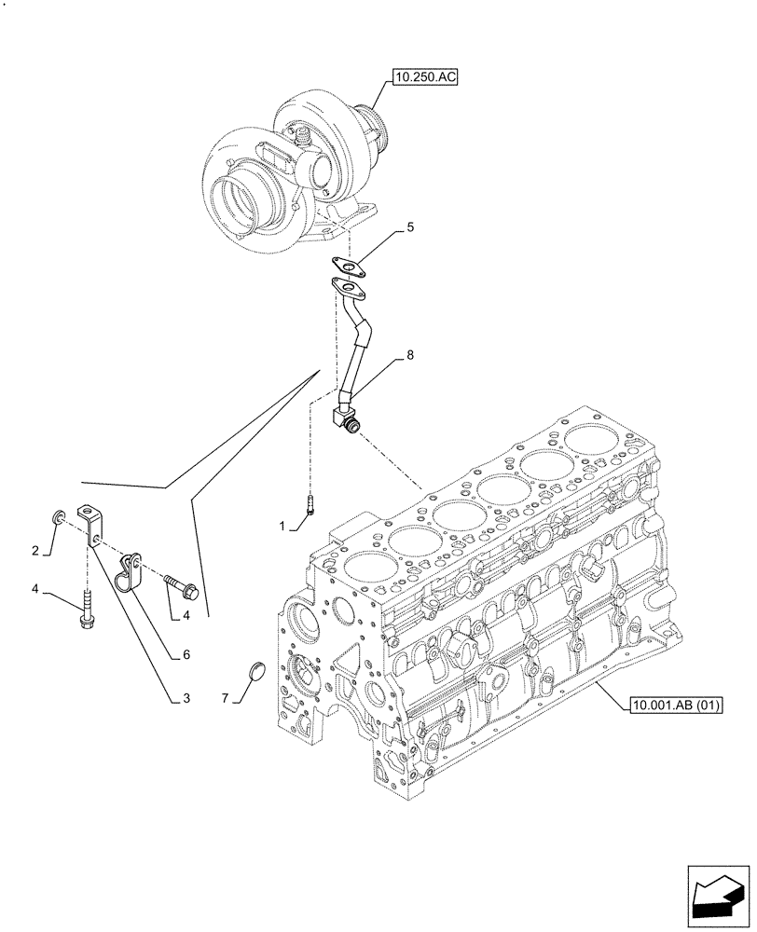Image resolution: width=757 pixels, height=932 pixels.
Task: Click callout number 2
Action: pyautogui.click(x=35, y=551)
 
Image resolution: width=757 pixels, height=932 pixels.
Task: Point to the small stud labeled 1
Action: pyautogui.click(x=310, y=504)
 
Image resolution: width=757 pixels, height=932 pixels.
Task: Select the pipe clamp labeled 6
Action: pyautogui.click(x=128, y=572)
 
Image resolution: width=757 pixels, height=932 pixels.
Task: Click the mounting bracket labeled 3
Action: pyautogui.click(x=91, y=524)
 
